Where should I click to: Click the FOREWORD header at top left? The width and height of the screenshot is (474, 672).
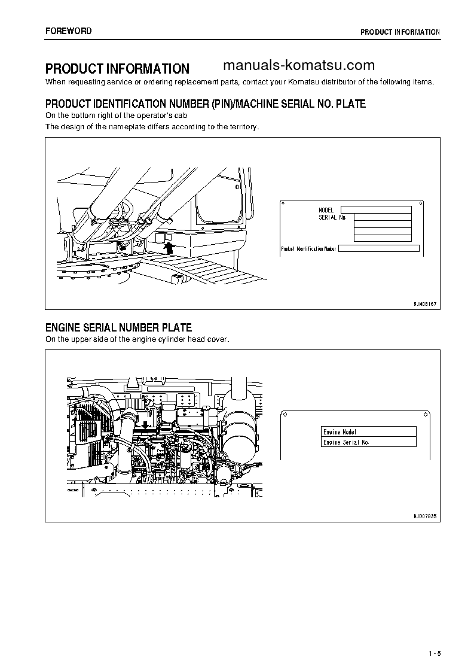pos(69,31)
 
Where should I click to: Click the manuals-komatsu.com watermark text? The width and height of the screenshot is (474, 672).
pos(298,66)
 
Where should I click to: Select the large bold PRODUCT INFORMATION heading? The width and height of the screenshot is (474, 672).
pos(117,69)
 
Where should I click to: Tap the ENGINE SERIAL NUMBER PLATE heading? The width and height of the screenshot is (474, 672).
pos(118,327)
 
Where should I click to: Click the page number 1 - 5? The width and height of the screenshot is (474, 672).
pos(434,653)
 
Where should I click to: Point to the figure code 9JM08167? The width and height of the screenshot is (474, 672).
pos(425,304)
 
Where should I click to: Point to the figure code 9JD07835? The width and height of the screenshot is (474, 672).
pos(425,515)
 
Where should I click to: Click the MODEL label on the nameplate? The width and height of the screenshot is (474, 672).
pos(326,210)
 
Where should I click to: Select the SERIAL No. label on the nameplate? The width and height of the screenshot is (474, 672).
pos(332,217)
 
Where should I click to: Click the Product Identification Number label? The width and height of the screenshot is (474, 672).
pos(308,248)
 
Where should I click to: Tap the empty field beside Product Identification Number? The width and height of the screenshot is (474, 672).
pos(378,248)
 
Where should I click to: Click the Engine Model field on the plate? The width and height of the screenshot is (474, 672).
pos(368,431)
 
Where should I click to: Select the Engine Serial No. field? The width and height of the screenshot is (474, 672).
pos(368,442)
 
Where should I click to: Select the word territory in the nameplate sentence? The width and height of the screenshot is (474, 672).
pos(243,127)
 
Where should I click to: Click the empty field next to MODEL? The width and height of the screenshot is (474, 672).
pos(375,209)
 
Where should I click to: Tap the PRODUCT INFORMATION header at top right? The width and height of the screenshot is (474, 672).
pos(400,32)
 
